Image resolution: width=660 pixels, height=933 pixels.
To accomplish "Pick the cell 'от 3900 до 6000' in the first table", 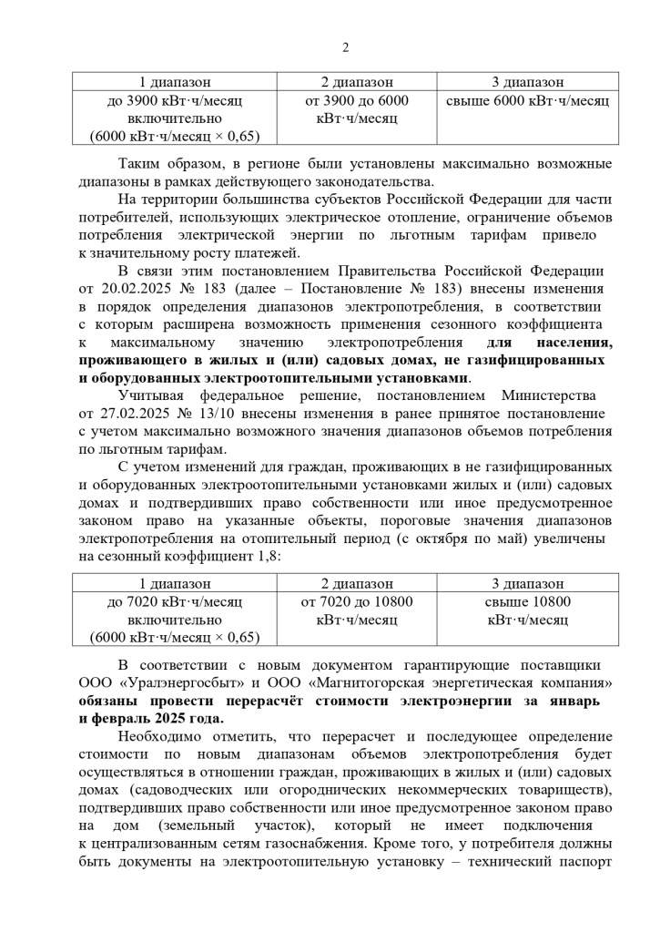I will [x=357, y=100].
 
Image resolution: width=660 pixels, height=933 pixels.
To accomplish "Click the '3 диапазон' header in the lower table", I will [x=527, y=583].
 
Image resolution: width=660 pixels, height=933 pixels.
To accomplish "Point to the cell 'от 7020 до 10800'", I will [x=357, y=601].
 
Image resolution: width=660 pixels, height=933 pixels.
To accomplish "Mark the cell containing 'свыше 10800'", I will [x=527, y=601].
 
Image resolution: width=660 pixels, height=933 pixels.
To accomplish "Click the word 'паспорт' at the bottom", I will [x=583, y=861].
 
